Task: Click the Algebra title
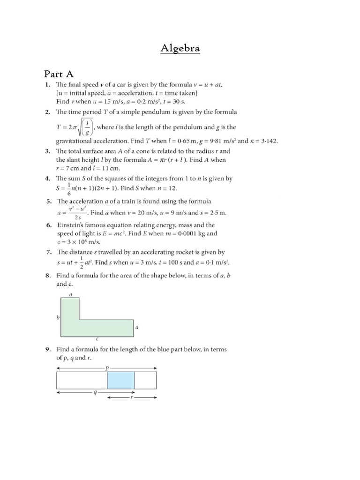coord(180,48)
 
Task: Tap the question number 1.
coord(47,85)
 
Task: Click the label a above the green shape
coord(70,294)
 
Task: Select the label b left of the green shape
coord(57,317)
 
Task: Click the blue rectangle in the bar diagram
coord(121,380)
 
